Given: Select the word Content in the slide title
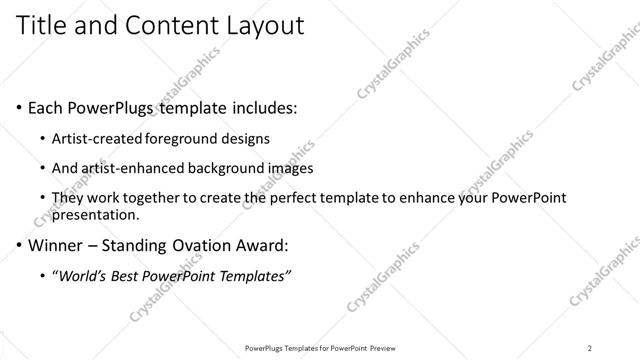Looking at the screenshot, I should (164, 26).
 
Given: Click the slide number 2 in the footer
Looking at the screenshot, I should (590, 347).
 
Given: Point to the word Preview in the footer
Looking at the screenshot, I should (380, 347).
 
